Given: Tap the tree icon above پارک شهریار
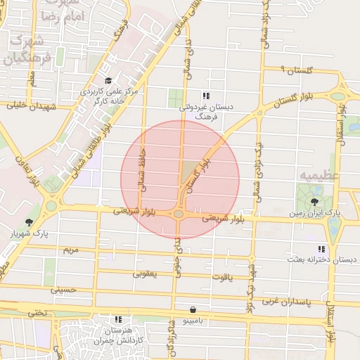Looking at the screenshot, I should point(29,222).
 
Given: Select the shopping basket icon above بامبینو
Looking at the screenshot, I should point(193,309).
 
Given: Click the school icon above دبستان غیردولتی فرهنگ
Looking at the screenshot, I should point(205,96).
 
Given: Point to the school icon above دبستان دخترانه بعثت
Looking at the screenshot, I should point(321,249).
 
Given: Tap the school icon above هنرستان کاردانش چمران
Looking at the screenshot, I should point(117,319).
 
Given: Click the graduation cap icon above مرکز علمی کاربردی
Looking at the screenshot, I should point(108,81).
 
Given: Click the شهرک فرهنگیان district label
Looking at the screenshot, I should point(28,49).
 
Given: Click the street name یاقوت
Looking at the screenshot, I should point(221,277).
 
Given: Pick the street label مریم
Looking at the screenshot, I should point(71,250).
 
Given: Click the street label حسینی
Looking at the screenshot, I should point(63,289).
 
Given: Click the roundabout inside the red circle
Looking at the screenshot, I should point(179,213).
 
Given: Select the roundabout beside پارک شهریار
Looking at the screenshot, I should point(51,207).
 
